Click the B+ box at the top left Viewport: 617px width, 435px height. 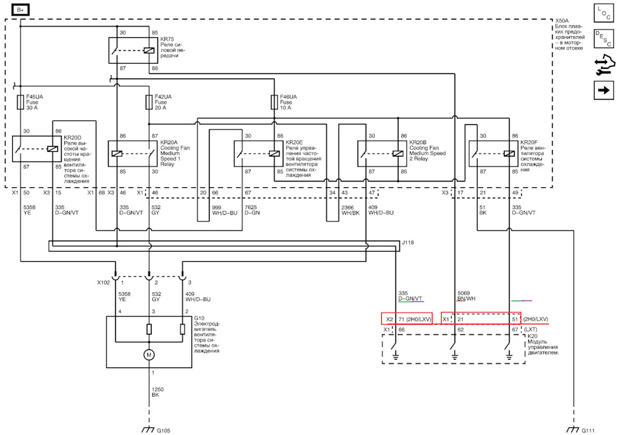click(x=21, y=10)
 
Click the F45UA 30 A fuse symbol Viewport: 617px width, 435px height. click(x=21, y=102)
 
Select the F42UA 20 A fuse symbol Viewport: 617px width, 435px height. click(x=148, y=102)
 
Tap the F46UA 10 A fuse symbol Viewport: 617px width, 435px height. click(x=274, y=102)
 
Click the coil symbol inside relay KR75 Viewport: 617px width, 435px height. click(x=148, y=50)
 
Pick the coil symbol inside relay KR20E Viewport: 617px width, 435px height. click(x=274, y=154)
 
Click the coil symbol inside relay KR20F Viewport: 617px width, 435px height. click(x=509, y=154)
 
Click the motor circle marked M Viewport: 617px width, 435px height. click(x=148, y=355)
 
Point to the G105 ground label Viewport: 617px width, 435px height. click(x=164, y=430)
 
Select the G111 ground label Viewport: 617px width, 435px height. click(x=588, y=430)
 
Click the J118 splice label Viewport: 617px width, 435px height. click(x=408, y=243)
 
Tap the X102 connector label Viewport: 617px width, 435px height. click(x=103, y=282)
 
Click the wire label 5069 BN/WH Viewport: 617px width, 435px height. click(x=467, y=296)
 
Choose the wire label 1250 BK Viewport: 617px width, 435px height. click(x=157, y=392)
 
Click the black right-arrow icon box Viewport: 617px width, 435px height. click(x=604, y=90)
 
